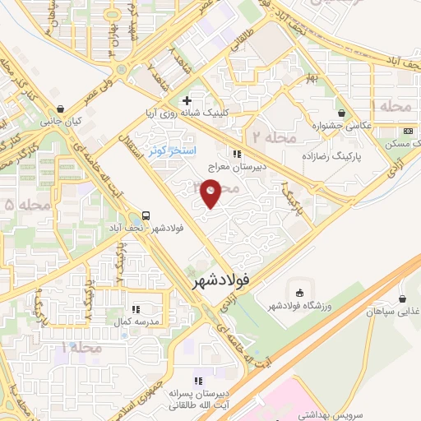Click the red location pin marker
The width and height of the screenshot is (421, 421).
point(212,195)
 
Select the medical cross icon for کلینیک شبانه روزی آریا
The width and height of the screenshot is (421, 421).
point(188,101)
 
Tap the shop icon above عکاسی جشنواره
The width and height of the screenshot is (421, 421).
point(342,113)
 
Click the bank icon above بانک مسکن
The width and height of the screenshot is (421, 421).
point(406,132)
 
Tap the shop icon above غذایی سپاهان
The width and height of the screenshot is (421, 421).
point(402,299)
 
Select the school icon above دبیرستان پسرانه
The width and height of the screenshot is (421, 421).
point(197,380)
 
